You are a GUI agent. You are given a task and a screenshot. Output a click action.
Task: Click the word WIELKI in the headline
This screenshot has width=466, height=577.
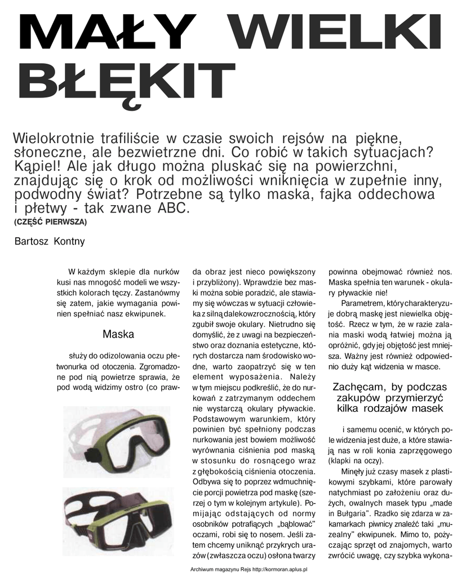pos(336,32)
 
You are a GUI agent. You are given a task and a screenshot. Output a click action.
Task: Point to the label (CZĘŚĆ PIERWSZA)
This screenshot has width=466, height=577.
pos(50,222)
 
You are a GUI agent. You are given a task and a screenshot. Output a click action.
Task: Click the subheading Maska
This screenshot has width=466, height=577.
pos(118,335)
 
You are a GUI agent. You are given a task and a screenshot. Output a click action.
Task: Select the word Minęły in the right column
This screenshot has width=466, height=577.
pos(353,471)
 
